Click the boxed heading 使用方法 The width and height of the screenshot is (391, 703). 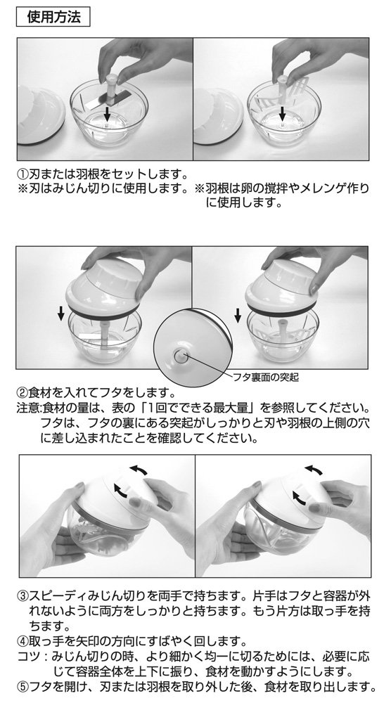[x=53, y=18]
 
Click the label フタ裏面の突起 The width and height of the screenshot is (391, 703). [x=265, y=377]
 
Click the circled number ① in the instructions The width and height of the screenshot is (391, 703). [x=23, y=174]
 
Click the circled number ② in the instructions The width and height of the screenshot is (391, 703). [x=23, y=394]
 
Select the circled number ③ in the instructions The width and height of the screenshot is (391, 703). [x=23, y=597]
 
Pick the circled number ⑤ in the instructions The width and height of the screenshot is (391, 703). [x=23, y=686]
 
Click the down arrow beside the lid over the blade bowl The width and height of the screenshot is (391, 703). [x=61, y=314]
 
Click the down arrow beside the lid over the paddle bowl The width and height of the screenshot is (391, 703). [x=238, y=314]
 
